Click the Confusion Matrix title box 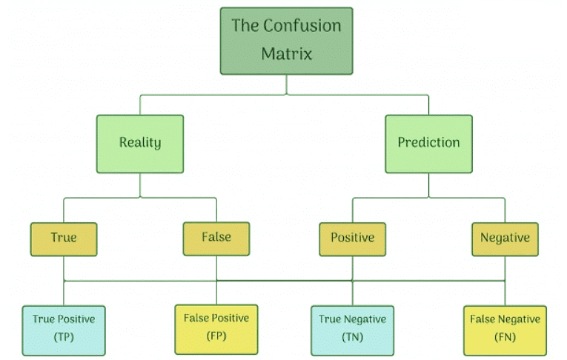[286, 41]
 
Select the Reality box [140, 143]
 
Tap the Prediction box [428, 143]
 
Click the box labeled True [64, 239]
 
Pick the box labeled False [216, 238]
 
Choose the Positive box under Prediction [352, 239]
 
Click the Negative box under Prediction [505, 239]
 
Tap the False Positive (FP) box [216, 327]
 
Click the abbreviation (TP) [64, 337]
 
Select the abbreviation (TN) [352, 337]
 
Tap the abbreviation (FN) [505, 337]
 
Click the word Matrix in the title [286, 54]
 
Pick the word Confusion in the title [302, 26]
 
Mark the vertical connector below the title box [286, 84]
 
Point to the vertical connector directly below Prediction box [428, 185]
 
